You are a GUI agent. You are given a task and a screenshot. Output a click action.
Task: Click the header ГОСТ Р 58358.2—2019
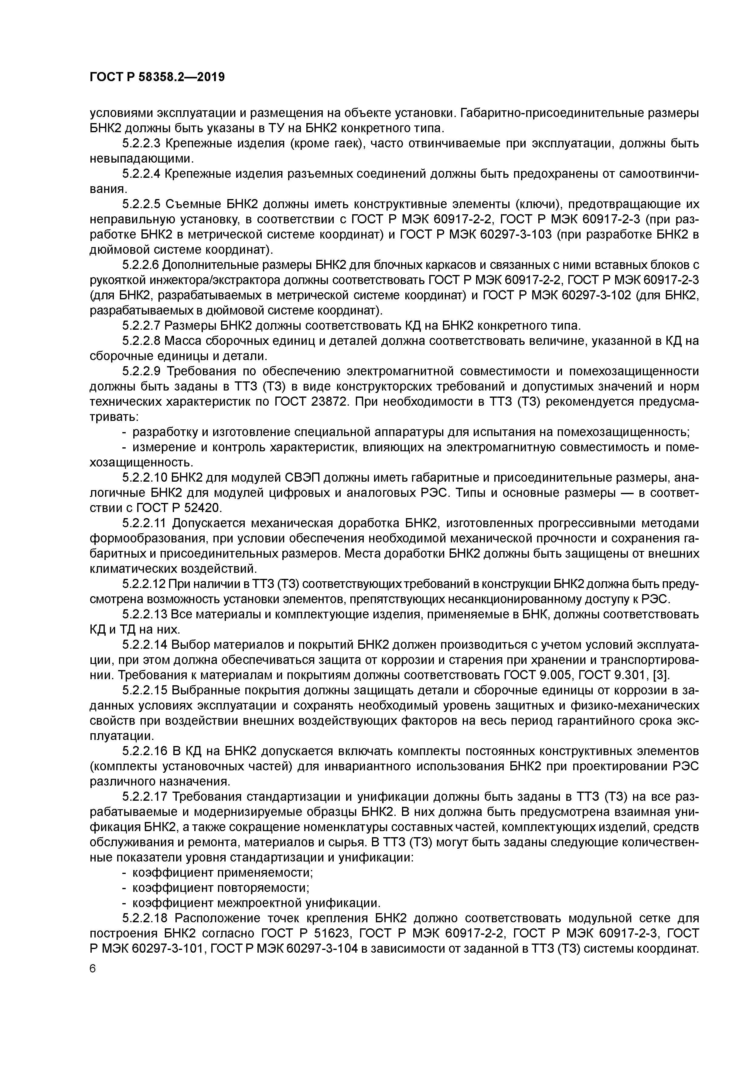click(157, 77)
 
